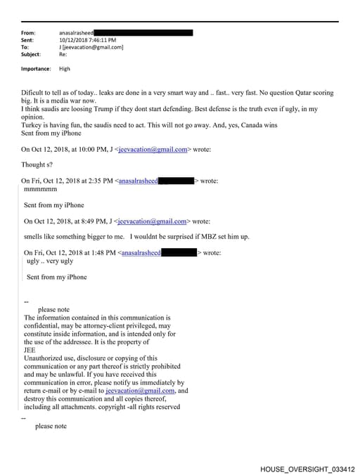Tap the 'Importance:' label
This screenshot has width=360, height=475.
coord(36,69)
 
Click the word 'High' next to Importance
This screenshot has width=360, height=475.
coord(65,69)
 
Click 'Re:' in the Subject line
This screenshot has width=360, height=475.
coord(63,54)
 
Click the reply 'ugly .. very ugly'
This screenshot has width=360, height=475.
coord(50,261)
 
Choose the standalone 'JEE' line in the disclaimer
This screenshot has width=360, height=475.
coord(30,350)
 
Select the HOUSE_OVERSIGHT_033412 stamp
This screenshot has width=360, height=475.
coord(307,468)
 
